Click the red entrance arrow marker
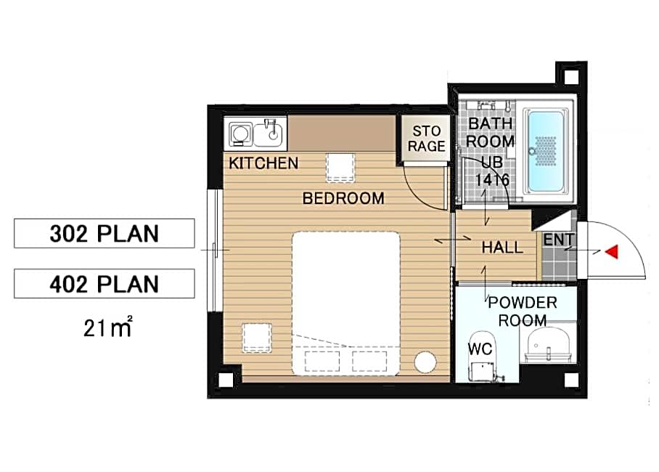click(x=612, y=251)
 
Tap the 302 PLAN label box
click(x=105, y=233)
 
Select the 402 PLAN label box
click(x=105, y=283)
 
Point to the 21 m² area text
click(x=108, y=327)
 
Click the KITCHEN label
click(x=263, y=163)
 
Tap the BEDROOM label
click(x=343, y=198)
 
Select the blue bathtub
click(x=546, y=150)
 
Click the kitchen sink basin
click(x=269, y=132)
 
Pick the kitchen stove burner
click(x=240, y=134)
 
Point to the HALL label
click(x=503, y=248)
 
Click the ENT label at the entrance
click(x=559, y=240)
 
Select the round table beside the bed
click(x=425, y=362)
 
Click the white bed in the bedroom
click(x=346, y=303)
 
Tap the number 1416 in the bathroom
click(x=492, y=180)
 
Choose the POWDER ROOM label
click(x=523, y=312)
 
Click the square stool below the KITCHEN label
click(x=340, y=168)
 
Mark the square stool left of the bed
click(x=257, y=338)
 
